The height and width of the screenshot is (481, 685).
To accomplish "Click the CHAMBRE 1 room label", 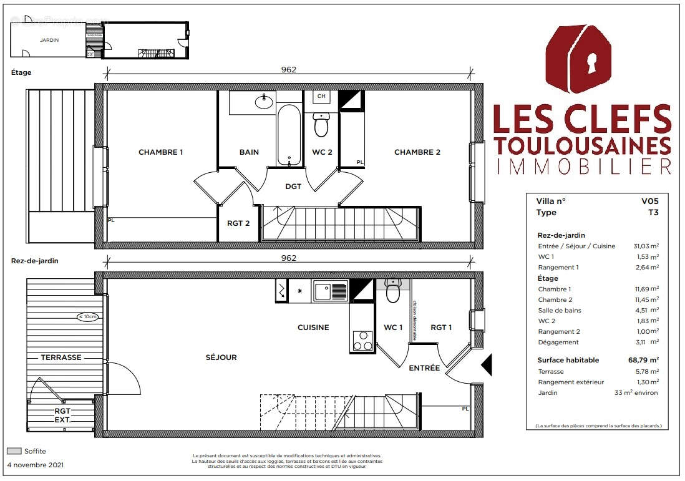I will click(x=160, y=152).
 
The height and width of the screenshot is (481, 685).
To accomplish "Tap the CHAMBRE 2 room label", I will click(x=417, y=152).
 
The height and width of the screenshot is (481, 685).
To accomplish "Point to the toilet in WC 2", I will click(x=321, y=124).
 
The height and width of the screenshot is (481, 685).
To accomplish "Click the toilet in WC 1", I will click(x=392, y=291).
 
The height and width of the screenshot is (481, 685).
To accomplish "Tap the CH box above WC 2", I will click(x=321, y=97).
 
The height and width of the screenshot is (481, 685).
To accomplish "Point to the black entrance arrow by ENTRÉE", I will click(x=487, y=364).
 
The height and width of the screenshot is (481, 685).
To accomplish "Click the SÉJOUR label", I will click(x=221, y=357).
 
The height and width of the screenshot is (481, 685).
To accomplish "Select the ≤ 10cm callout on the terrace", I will click(x=88, y=317).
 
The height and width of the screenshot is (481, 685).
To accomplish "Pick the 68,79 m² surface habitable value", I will click(x=644, y=360).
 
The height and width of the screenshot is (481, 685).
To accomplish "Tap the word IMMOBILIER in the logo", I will click(x=582, y=166).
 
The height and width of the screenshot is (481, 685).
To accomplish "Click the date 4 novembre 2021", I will click(x=35, y=465).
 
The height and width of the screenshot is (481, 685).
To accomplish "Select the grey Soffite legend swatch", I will click(x=14, y=451).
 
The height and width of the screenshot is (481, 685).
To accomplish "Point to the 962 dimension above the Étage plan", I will click(x=288, y=70).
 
